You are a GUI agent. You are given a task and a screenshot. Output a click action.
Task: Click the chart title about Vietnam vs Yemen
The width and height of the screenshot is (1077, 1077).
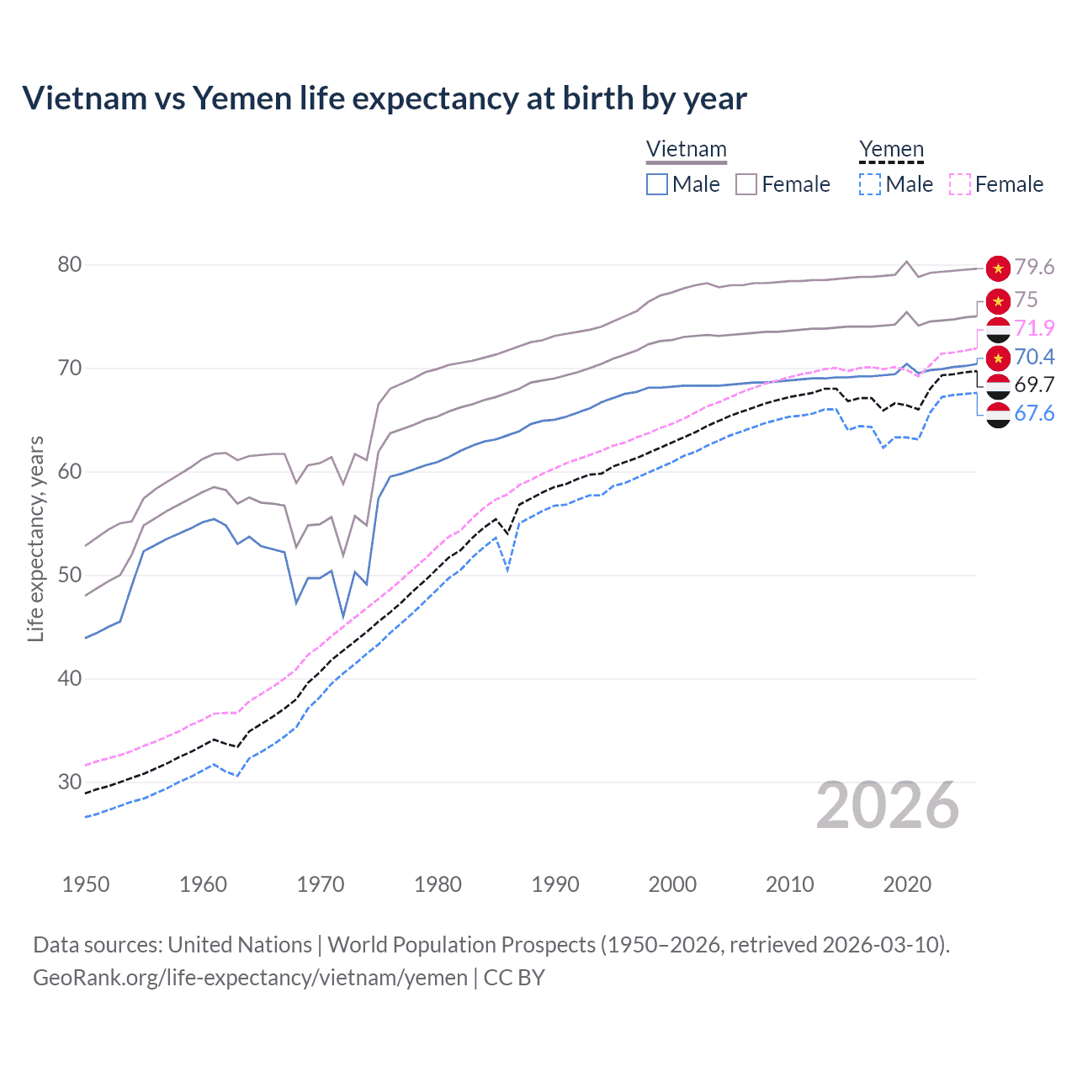384,98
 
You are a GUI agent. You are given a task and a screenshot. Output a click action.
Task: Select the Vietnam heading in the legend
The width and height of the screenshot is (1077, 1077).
686,150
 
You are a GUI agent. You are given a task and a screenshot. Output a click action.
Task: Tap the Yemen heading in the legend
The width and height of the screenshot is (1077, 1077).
891,150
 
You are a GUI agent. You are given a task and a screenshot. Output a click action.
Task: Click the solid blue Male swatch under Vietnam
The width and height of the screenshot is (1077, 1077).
657,184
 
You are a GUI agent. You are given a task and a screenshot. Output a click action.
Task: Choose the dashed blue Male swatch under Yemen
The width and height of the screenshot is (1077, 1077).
870,184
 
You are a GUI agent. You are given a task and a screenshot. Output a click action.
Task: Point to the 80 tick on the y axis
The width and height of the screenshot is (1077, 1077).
70,265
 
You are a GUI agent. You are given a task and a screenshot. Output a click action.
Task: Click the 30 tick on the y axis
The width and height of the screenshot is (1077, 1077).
70,783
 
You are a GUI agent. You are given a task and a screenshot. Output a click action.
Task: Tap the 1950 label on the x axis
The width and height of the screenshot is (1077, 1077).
86,884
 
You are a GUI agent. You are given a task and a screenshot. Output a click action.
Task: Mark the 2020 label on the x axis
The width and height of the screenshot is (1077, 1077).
907,884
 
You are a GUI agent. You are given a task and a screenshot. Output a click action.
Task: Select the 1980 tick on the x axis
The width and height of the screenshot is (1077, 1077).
438,884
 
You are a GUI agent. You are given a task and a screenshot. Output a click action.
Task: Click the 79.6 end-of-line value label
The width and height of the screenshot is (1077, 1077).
1034,268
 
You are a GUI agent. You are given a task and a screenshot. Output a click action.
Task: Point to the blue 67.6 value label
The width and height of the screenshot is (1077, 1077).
1034,414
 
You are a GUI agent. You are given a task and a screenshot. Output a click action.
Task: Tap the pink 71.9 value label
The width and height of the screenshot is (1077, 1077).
1034,328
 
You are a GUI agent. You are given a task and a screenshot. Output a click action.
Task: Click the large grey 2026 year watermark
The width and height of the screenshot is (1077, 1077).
887,806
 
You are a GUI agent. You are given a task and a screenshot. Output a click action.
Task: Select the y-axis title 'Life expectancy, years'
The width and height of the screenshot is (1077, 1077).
35,538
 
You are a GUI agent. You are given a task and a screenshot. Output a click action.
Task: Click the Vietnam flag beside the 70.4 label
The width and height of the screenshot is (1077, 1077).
998,358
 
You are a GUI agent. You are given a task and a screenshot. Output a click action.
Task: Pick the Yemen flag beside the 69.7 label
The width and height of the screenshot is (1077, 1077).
998,386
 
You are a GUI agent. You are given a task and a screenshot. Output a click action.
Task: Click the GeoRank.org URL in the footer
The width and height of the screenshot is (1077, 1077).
250,978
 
